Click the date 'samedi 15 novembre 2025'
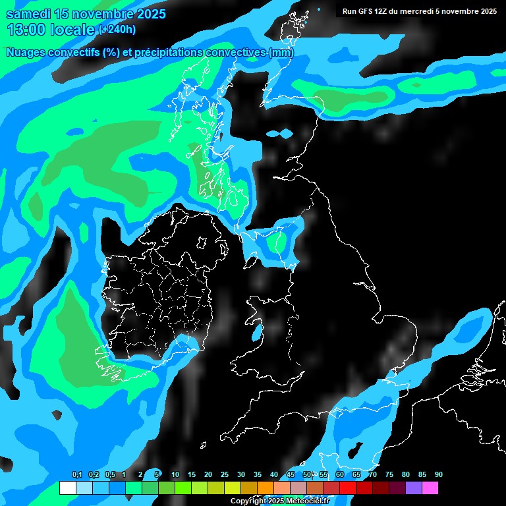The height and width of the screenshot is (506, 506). (86, 14)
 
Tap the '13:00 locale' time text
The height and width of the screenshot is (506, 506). (51, 30)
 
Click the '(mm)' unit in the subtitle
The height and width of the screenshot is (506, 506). (281, 52)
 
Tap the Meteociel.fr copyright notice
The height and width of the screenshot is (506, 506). (279, 501)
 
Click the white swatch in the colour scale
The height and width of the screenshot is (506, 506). (67, 488)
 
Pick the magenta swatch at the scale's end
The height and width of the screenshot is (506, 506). (430, 488)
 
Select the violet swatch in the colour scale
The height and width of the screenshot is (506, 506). (413, 488)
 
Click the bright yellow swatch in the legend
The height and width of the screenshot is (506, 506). (232, 488)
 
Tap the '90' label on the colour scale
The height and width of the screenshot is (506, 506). (439, 475)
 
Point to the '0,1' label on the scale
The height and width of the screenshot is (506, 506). (76, 475)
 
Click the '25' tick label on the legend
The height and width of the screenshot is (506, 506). (225, 475)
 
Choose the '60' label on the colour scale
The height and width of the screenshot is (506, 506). (340, 475)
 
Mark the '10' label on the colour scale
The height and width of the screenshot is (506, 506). (175, 475)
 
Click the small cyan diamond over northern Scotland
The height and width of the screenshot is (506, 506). (279, 134)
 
